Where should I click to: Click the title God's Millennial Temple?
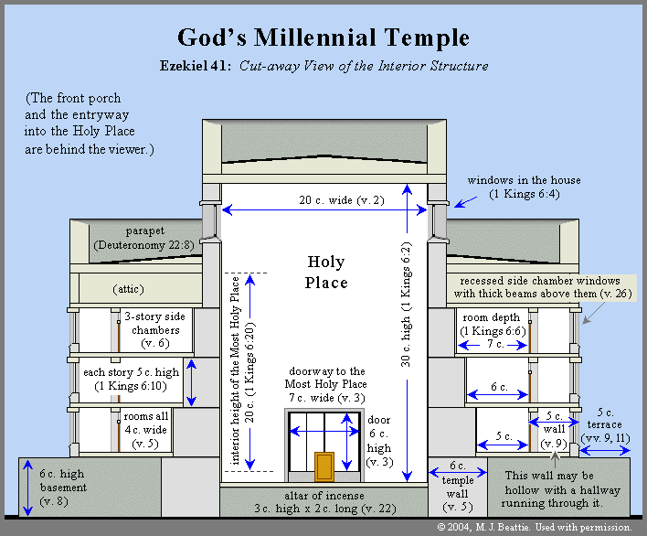[x=323, y=38]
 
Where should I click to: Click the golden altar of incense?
[x=324, y=466]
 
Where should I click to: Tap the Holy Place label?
[x=326, y=272]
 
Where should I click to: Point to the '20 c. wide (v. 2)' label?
[x=342, y=200]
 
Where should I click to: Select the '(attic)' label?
[x=128, y=289]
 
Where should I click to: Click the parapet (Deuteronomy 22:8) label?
[x=144, y=238]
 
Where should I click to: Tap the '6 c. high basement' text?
[x=63, y=488]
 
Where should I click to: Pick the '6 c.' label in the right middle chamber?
[x=499, y=387]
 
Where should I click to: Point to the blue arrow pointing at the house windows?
[x=465, y=202]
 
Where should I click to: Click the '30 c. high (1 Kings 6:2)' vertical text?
[x=406, y=305]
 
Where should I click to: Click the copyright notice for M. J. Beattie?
[x=535, y=528]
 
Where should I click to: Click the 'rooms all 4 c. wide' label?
[x=145, y=430]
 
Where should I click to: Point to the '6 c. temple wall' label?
[x=458, y=487]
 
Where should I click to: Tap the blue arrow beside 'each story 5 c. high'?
[x=191, y=383]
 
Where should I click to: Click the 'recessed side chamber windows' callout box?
[x=541, y=287]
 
